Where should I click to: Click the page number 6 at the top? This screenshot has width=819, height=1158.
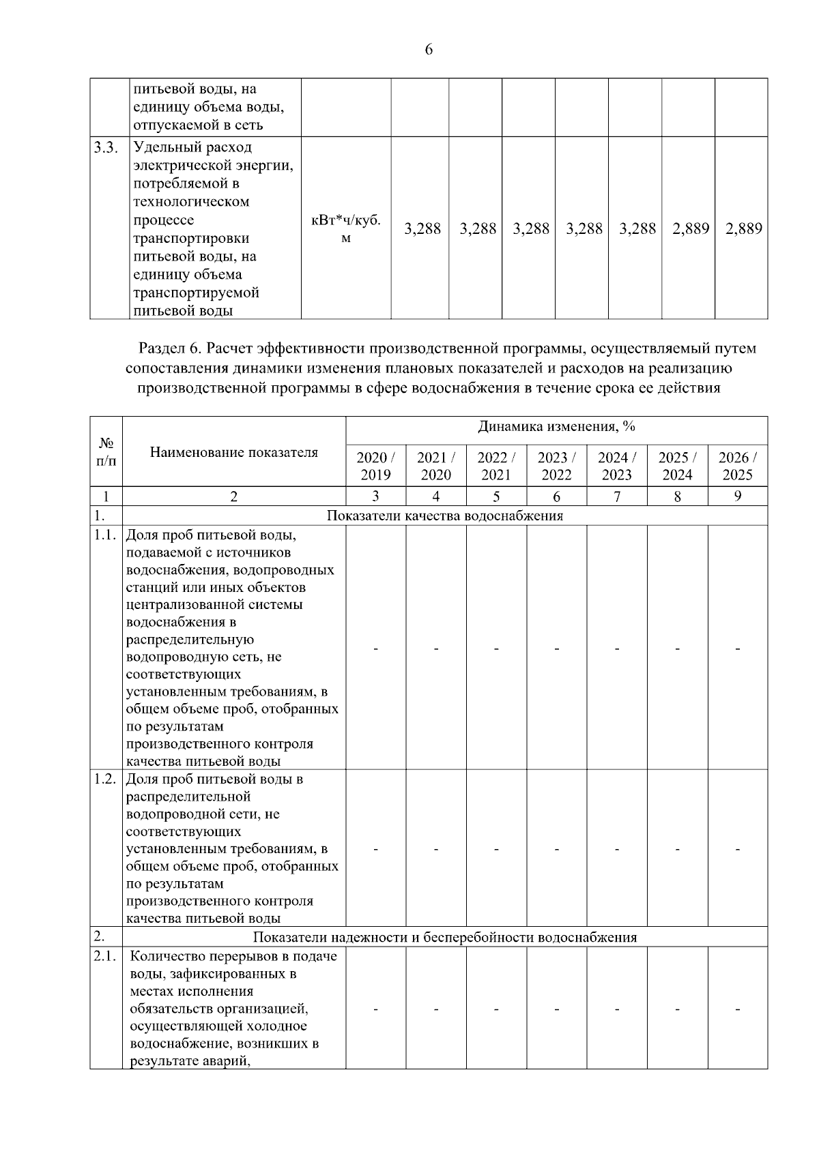pyautogui.click(x=429, y=50)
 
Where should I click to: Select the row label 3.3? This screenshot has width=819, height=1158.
pyautogui.click(x=106, y=147)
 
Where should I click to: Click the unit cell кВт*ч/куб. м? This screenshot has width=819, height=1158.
pyautogui.click(x=345, y=228)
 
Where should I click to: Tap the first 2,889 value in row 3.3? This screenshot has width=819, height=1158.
pyautogui.click(x=690, y=229)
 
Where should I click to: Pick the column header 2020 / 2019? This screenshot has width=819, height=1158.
pyautogui.click(x=375, y=466)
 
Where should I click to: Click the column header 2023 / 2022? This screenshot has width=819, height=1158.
pyautogui.click(x=556, y=466)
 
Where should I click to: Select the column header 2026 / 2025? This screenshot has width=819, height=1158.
pyautogui.click(x=737, y=466)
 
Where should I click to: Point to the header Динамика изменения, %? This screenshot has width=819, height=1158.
pyautogui.click(x=556, y=427)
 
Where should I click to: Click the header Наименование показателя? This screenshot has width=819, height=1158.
pyautogui.click(x=233, y=451)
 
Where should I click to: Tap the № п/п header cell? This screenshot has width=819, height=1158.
pyautogui.click(x=106, y=451)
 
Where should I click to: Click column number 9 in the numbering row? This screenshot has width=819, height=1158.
pyautogui.click(x=737, y=496)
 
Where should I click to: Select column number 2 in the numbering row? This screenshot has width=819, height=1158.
pyautogui.click(x=233, y=496)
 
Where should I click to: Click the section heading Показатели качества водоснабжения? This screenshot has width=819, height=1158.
pyautogui.click(x=445, y=516)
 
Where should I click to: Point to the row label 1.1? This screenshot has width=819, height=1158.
pyautogui.click(x=106, y=535)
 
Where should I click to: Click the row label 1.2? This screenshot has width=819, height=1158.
pyautogui.click(x=106, y=779)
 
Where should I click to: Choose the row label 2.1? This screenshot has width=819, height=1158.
pyautogui.click(x=106, y=956)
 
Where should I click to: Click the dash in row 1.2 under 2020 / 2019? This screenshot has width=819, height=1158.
pyautogui.click(x=375, y=849)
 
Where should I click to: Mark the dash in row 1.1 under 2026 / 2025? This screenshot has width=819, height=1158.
pyautogui.click(x=737, y=649)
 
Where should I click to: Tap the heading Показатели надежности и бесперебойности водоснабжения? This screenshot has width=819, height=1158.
pyautogui.click(x=445, y=937)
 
